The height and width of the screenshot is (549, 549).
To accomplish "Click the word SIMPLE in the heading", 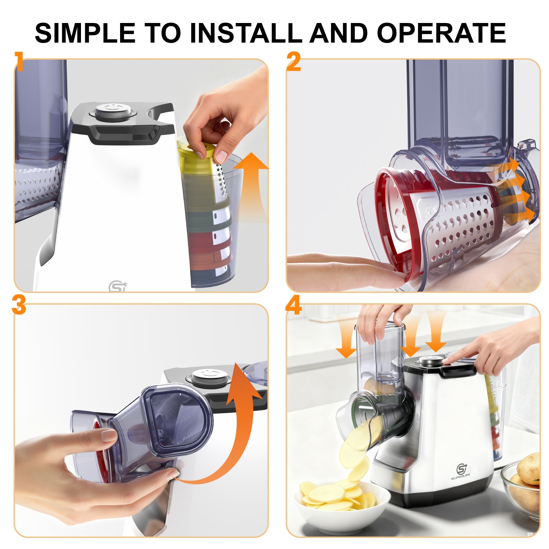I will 85,33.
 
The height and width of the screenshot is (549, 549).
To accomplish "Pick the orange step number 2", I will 294,62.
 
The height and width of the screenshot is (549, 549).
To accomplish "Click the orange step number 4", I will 293,305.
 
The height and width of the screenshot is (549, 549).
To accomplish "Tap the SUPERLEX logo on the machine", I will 461,470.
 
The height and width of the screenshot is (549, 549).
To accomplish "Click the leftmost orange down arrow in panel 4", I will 346,340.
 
